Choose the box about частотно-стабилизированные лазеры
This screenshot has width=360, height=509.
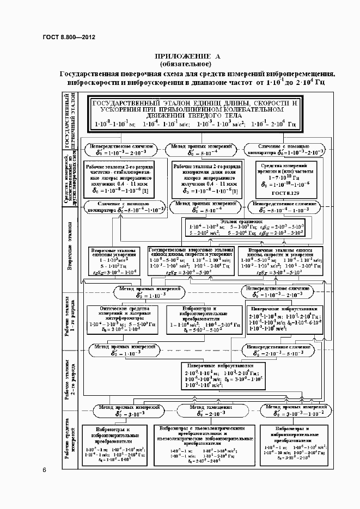(119, 179)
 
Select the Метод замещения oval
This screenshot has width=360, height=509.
(205, 410)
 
